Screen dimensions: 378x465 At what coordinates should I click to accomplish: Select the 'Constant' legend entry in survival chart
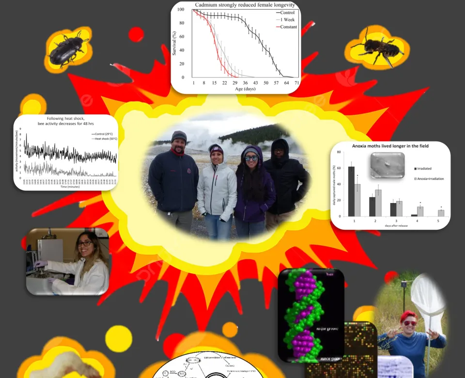(288, 27)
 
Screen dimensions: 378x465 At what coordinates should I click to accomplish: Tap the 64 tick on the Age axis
(286, 83)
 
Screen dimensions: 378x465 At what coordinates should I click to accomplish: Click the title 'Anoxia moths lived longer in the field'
(391, 145)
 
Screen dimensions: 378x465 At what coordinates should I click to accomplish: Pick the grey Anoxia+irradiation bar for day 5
(441, 213)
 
